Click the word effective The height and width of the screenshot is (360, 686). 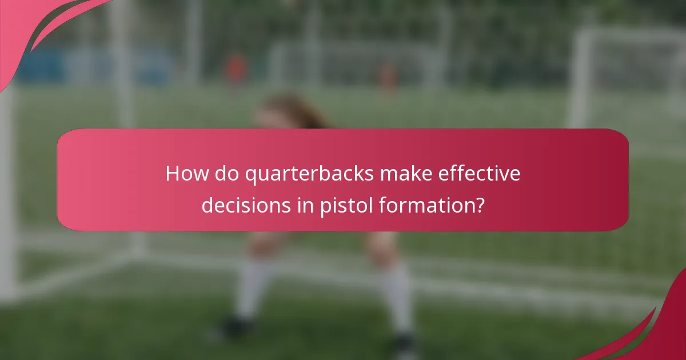coord(483,174)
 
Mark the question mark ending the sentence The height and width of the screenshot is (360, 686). coord(479,204)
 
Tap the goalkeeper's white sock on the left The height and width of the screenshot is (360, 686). coord(252,289)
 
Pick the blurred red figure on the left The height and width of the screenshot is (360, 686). coord(235,69)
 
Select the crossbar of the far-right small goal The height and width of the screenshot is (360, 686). coord(629,34)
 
